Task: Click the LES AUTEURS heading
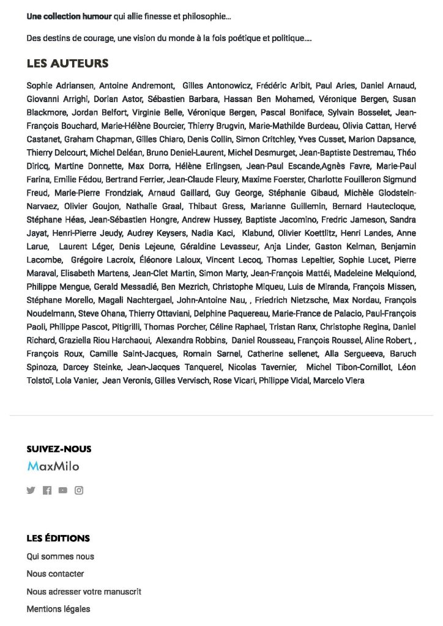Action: [x=67, y=64]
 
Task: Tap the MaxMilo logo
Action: [x=53, y=466]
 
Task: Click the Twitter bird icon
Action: [x=31, y=490]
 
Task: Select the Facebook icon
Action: [x=47, y=490]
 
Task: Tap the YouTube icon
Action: [x=63, y=490]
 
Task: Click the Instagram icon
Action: [x=79, y=490]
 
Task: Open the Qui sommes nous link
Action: [x=60, y=556]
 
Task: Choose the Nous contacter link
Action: [x=55, y=574]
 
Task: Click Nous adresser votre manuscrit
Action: [x=84, y=592]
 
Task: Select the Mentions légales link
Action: [x=58, y=609]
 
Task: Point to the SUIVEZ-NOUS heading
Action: [x=59, y=449]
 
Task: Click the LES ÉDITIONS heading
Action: [x=58, y=539]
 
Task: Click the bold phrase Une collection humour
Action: [x=65, y=17]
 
